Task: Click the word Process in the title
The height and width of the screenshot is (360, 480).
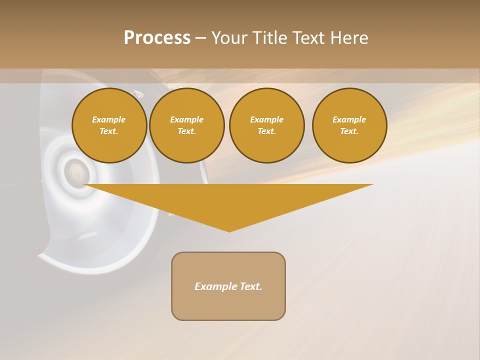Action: pos(157,37)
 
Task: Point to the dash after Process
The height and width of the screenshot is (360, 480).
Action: pos(200,38)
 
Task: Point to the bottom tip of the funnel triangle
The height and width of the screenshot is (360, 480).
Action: pos(229,231)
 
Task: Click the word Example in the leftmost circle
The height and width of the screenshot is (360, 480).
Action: pos(109,119)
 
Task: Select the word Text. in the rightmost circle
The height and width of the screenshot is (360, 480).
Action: pos(349,131)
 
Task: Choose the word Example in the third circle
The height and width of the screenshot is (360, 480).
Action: pos(266,119)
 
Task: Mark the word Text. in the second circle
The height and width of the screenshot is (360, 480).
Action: pos(186,131)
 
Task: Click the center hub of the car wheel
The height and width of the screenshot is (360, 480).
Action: pos(76,173)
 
